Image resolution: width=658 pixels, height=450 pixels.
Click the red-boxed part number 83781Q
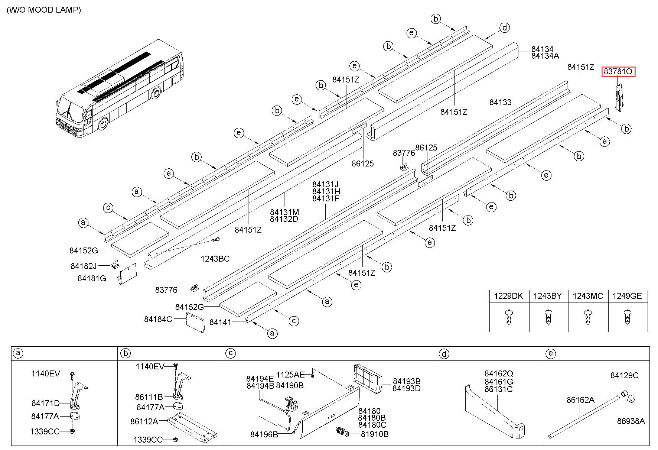[618, 71]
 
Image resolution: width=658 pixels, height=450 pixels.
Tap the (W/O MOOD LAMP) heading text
[43, 10]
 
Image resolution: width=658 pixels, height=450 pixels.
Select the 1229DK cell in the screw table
[509, 296]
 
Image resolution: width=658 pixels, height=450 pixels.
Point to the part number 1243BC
[215, 259]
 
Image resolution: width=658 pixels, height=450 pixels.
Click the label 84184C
[158, 319]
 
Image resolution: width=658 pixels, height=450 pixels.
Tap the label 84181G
[92, 278]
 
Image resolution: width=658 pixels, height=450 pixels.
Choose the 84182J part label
[84, 266]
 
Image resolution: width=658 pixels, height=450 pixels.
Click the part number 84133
[500, 103]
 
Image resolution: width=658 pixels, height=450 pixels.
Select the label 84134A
[545, 56]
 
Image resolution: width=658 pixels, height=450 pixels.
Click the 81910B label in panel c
[375, 434]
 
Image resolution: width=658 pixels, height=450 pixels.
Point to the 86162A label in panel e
[580, 400]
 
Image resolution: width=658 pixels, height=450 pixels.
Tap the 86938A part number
[631, 421]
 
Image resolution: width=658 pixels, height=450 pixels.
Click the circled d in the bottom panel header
[444, 354]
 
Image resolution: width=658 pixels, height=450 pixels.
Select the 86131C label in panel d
[498, 389]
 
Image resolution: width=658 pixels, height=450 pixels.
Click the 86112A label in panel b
[144, 421]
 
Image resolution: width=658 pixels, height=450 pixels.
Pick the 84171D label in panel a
[46, 403]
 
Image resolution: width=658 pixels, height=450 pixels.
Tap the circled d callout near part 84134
[504, 27]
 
